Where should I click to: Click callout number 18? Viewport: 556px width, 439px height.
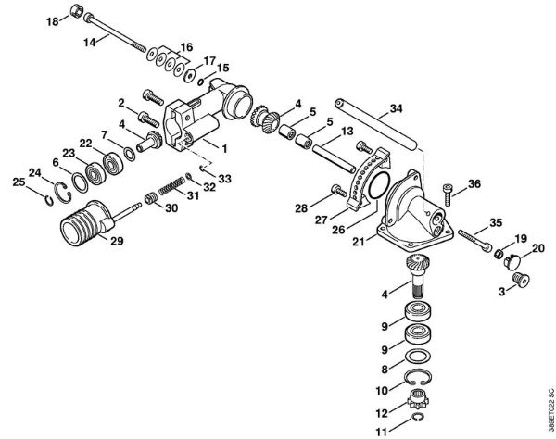tap(51, 20)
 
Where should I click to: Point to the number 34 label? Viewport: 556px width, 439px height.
tap(396, 109)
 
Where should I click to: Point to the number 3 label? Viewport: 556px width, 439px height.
tap(501, 291)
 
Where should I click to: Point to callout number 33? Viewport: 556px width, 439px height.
tap(224, 177)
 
